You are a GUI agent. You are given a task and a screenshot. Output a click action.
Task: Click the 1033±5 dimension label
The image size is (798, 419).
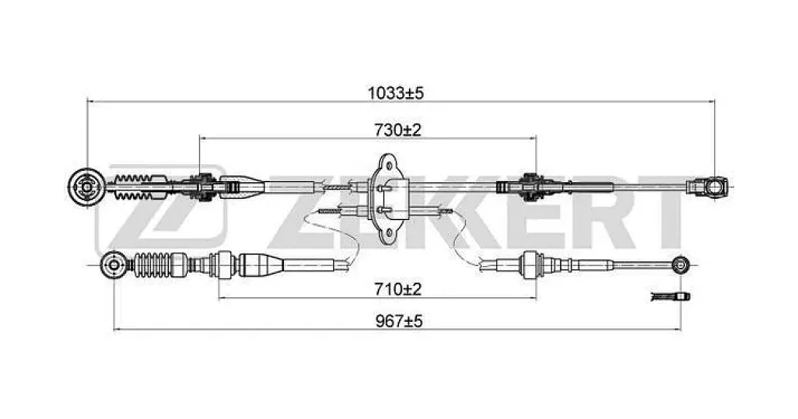click(x=396, y=93)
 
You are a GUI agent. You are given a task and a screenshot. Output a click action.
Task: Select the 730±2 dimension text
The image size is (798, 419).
click(x=398, y=130)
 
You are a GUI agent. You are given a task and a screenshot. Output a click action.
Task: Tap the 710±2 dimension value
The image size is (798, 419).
click(x=398, y=289)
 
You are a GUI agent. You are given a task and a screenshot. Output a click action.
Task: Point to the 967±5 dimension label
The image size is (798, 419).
click(x=399, y=321)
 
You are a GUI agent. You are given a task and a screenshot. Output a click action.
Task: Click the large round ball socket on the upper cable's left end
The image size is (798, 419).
click(x=86, y=187)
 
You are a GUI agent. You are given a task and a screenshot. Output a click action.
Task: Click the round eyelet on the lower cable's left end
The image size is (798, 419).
click(x=113, y=265)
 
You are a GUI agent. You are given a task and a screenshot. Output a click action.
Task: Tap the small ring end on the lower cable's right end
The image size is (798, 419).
click(x=680, y=265)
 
